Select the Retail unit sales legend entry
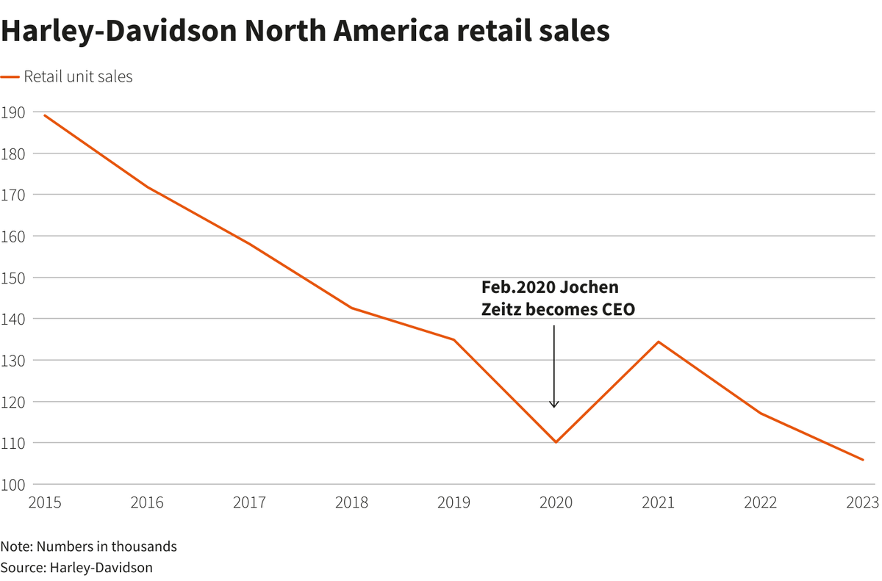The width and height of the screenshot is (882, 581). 78,76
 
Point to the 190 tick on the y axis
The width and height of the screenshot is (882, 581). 12,112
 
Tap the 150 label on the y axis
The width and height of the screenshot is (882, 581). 12,278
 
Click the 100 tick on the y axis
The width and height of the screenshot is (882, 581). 12,484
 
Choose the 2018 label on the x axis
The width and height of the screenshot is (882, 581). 351,503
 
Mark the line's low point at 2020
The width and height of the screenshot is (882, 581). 556,442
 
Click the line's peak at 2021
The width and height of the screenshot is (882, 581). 658,342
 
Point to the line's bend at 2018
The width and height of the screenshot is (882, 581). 351,308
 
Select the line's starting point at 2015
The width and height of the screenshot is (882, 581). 44,115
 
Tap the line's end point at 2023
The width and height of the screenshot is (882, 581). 863,460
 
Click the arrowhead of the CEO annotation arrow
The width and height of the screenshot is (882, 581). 555,405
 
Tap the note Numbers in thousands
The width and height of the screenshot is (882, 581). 88,546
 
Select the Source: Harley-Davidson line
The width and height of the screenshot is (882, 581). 76,567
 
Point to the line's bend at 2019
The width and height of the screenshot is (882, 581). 453,339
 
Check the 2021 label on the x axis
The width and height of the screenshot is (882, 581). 658,503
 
